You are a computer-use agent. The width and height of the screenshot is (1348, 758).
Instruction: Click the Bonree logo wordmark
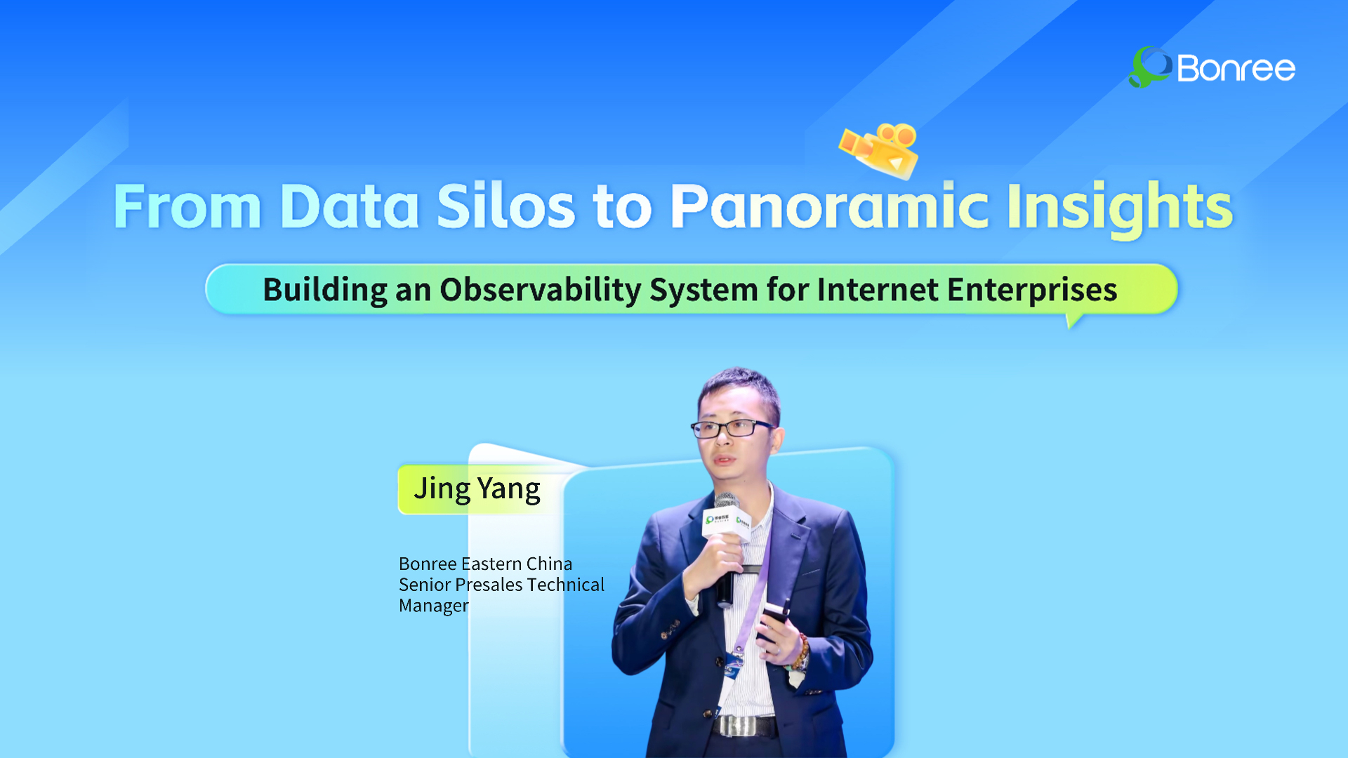[1236, 68]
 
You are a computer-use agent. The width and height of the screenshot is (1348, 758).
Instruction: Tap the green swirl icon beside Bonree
[1149, 67]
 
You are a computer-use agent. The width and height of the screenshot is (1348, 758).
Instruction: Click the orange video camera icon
[880, 149]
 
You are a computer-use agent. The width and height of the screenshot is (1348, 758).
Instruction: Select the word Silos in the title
[505, 206]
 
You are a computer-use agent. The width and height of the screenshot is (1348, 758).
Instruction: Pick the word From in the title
[187, 206]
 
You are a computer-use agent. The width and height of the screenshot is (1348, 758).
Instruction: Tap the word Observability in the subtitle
[540, 290]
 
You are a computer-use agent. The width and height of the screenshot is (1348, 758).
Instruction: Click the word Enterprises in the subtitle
[1032, 290]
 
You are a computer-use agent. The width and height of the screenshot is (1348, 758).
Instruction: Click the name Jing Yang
[477, 489]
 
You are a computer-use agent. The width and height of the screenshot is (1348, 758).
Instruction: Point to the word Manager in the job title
[434, 606]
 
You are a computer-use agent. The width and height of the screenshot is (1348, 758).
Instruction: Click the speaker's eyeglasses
[732, 427]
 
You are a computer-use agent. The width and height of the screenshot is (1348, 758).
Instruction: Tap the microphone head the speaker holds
[727, 501]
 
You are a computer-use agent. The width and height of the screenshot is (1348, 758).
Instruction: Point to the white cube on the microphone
[727, 524]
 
